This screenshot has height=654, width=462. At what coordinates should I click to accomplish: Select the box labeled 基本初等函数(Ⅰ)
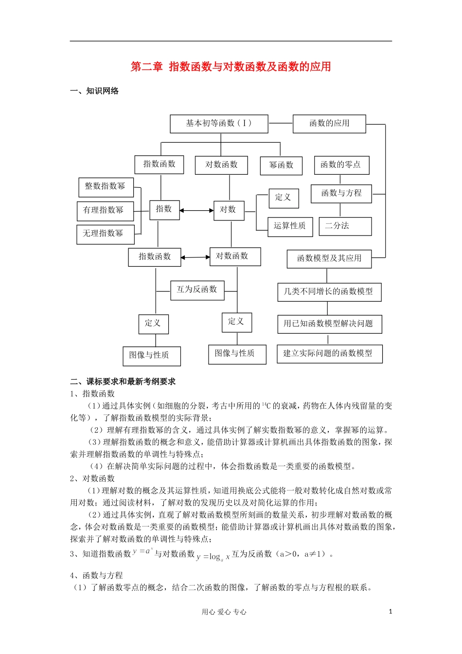click(219, 124)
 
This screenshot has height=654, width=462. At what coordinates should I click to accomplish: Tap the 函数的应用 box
click(329, 124)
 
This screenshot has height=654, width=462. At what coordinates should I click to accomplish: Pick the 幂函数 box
click(281, 165)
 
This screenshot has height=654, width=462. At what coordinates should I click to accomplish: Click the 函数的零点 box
click(341, 165)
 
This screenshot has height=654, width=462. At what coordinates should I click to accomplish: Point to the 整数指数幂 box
click(106, 187)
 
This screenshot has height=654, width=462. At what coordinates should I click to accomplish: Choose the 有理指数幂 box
click(105, 211)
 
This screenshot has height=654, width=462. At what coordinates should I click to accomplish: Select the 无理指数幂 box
click(105, 234)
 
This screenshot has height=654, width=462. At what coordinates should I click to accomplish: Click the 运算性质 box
click(290, 226)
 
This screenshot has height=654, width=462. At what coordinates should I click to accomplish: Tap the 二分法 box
click(345, 226)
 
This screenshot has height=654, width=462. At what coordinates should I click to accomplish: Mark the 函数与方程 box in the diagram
click(341, 194)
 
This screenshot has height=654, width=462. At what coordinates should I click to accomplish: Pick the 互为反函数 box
click(197, 290)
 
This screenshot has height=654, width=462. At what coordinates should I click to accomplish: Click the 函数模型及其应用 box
click(329, 258)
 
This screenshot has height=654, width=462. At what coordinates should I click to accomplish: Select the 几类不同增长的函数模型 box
click(329, 292)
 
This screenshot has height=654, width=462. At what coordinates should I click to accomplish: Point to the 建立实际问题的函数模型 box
click(329, 354)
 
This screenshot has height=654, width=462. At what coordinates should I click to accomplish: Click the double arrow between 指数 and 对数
click(196, 211)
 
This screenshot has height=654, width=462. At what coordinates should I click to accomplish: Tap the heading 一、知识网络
click(94, 91)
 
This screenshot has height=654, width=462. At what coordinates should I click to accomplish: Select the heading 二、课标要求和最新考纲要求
click(123, 381)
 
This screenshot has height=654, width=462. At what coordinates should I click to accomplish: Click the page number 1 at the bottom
click(390, 612)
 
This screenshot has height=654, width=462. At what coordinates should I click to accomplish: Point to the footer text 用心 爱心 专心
click(224, 612)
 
